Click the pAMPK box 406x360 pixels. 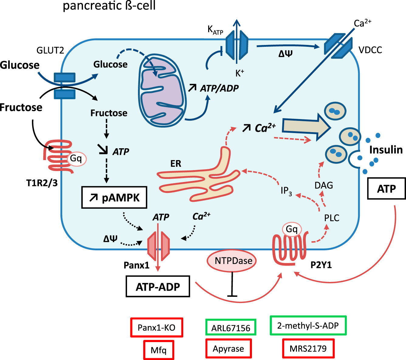coord(114,197)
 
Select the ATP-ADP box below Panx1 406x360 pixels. coord(158,286)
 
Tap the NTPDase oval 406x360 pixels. coord(232,261)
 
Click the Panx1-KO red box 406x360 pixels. coord(157,327)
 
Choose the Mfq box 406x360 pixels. coord(159,350)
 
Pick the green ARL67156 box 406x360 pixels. coord(231,327)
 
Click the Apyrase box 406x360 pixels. coord(229,348)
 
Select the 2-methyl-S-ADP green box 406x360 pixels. coord(308,326)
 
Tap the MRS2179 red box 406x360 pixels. coord(308,348)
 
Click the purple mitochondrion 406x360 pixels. coord(161,91)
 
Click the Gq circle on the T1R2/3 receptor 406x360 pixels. coord(76,159)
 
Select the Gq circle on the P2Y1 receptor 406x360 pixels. coord(292,229)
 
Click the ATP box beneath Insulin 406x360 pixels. coord(386,189)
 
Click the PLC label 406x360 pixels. coord(332,218)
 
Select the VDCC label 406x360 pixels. coord(370,50)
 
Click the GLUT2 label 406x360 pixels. coord(50,50)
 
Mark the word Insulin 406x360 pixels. coord(386,150)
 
